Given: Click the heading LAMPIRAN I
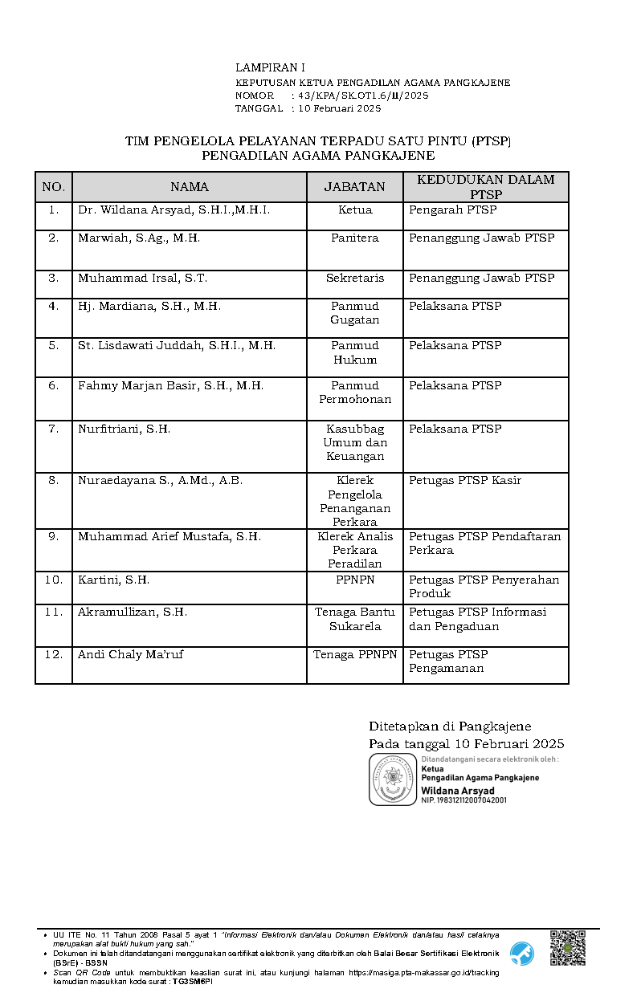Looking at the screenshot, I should tap(270, 68).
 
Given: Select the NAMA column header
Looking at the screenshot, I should tap(190, 187).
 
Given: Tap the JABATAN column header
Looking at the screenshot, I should tap(354, 187).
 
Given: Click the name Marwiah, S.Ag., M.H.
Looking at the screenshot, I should tap(139, 238).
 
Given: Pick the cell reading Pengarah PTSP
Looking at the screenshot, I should tap(453, 210).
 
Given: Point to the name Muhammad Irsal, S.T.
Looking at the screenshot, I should tap(142, 279).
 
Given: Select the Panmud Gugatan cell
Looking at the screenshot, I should tap(354, 313).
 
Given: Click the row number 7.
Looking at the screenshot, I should tap(54, 429).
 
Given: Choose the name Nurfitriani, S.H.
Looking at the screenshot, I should tap(124, 429).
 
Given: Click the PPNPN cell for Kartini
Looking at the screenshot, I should tap(354, 580).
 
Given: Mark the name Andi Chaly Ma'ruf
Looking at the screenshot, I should tap(130, 654).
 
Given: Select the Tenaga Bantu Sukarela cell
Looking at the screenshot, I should tap(354, 619).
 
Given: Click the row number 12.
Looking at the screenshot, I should tap(54, 654).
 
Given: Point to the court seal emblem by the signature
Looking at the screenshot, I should tap(393, 779).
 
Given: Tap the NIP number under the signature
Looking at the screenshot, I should tap(463, 800).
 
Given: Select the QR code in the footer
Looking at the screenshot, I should tap(567, 948).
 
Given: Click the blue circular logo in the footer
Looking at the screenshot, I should tap(522, 953).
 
